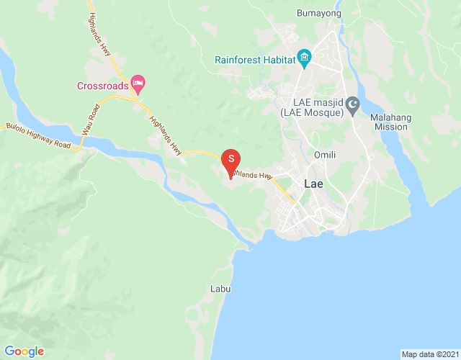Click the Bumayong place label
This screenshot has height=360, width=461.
click(x=318, y=13)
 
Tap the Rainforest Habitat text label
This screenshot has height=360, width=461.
click(x=255, y=60)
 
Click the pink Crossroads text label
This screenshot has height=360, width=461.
click(x=102, y=86)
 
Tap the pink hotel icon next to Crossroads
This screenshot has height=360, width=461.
click(x=138, y=83)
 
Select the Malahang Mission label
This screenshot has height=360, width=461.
click(x=391, y=122)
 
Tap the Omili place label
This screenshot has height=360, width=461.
click(x=325, y=155)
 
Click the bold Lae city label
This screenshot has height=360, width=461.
click(x=314, y=183)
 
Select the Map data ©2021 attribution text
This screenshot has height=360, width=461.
click(x=430, y=354)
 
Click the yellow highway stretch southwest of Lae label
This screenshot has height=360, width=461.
click(x=287, y=193)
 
